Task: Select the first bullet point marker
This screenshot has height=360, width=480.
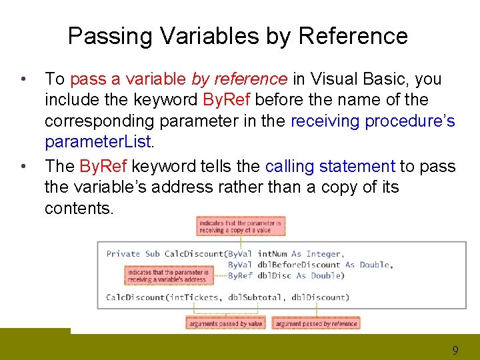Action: coord(23,80)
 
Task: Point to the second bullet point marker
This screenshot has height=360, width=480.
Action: coord(23,167)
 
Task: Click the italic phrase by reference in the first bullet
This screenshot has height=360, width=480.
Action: coord(239,79)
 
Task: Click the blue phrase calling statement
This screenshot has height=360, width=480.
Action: coord(330,166)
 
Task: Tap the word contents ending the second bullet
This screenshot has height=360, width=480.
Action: coord(79,209)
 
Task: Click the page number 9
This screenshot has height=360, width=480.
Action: coord(455,349)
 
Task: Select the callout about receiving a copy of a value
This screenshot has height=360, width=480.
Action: coord(241,226)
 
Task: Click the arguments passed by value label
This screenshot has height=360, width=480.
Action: coord(225,323)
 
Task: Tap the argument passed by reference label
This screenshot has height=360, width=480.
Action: coord(316,323)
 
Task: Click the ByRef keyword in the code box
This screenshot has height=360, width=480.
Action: coord(240,275)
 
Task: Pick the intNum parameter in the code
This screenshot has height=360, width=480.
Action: coord(272,254)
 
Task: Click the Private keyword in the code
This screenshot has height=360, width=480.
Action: coord(123,254)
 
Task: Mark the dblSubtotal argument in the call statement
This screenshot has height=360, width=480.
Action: coord(257,297)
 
